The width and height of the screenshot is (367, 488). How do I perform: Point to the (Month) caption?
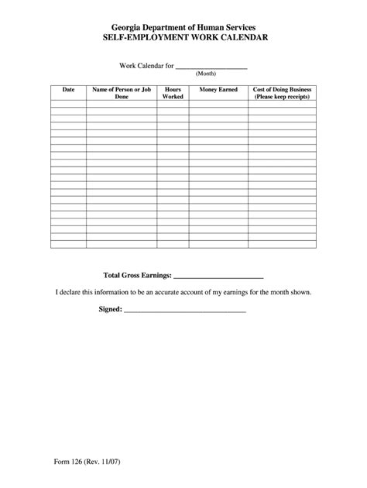(x=205, y=74)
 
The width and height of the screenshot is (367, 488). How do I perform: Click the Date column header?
(x=68, y=90)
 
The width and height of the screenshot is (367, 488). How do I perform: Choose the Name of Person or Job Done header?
(x=122, y=94)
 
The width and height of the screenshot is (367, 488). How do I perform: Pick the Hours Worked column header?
(x=173, y=94)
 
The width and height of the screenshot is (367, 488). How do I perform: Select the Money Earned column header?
(x=218, y=90)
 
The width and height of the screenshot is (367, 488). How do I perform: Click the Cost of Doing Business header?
(x=283, y=90)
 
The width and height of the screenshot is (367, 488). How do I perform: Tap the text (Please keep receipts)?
(x=283, y=98)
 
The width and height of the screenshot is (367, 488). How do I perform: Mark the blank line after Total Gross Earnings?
(x=220, y=277)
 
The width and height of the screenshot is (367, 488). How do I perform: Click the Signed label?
(x=110, y=310)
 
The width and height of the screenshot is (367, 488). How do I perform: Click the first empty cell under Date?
(x=68, y=105)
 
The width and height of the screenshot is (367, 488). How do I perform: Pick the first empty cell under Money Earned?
(x=218, y=105)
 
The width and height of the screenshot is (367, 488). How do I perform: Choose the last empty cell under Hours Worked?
(x=173, y=245)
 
